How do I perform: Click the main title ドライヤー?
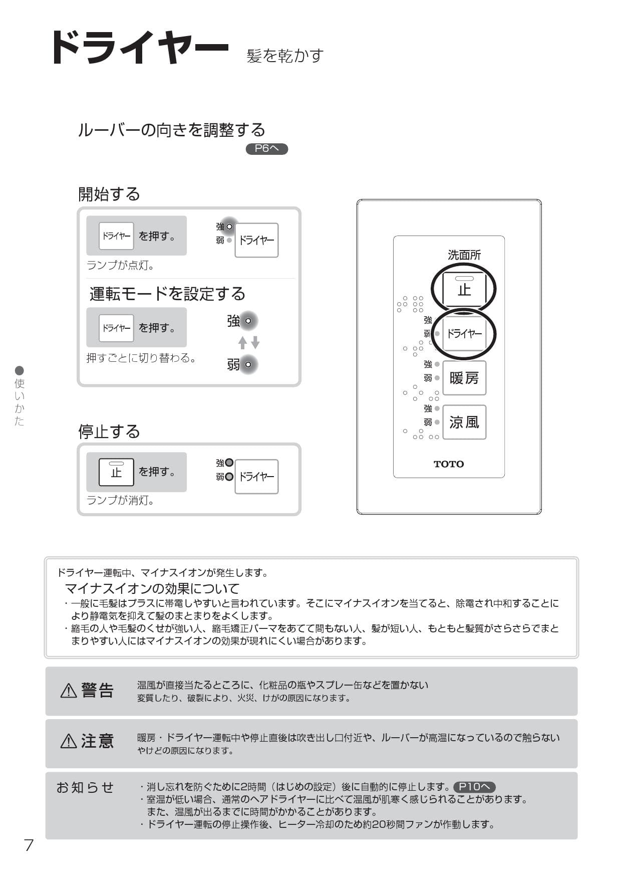pyautogui.click(x=139, y=48)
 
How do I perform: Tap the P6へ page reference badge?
pyautogui.click(x=266, y=148)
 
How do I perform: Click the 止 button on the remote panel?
pyautogui.click(x=464, y=289)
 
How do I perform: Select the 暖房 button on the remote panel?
pyautogui.click(x=464, y=378)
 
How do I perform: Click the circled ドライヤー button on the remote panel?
pyautogui.click(x=464, y=333)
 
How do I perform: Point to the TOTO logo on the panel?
pyautogui.click(x=448, y=464)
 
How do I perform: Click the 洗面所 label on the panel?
pyautogui.click(x=464, y=255)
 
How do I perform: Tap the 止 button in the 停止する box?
pyautogui.click(x=116, y=472)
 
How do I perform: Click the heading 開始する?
pyautogui.click(x=109, y=194)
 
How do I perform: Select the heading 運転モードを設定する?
pyautogui.click(x=167, y=294)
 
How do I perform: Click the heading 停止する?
pyautogui.click(x=109, y=431)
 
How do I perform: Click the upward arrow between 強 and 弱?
pyautogui.click(x=242, y=343)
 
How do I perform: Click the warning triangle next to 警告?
pyautogui.click(x=69, y=691)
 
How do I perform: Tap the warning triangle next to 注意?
pyautogui.click(x=69, y=741)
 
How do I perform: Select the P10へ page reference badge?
pyautogui.click(x=474, y=787)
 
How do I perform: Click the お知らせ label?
pyautogui.click(x=85, y=787)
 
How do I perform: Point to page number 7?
pyautogui.click(x=29, y=845)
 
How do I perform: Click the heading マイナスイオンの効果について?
pyautogui.click(x=152, y=588)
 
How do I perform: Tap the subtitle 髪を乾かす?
pyautogui.click(x=285, y=56)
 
